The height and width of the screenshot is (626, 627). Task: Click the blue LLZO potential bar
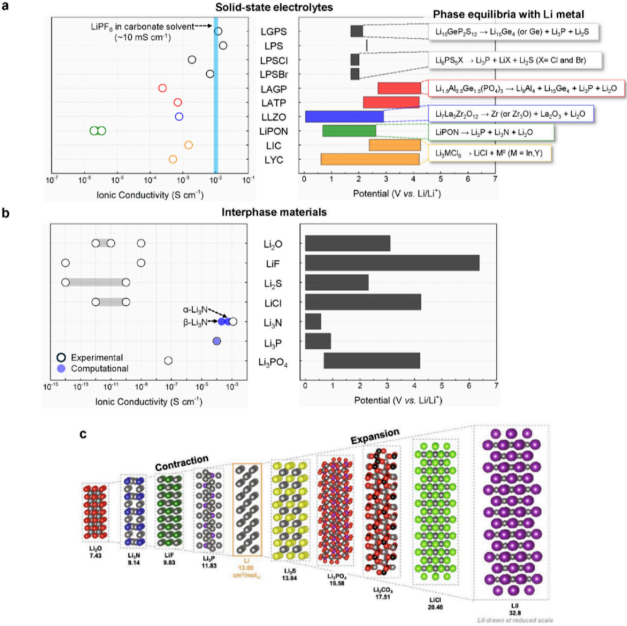[344, 117]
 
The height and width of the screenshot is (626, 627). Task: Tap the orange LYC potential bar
[369, 159]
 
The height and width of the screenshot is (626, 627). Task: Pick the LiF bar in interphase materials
[392, 263]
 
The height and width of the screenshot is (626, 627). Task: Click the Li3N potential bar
[313, 321]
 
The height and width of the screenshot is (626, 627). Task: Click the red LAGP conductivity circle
[163, 88]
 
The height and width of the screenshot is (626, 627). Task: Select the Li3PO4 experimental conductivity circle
[168, 361]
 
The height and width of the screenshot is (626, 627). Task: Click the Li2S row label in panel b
[273, 283]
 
